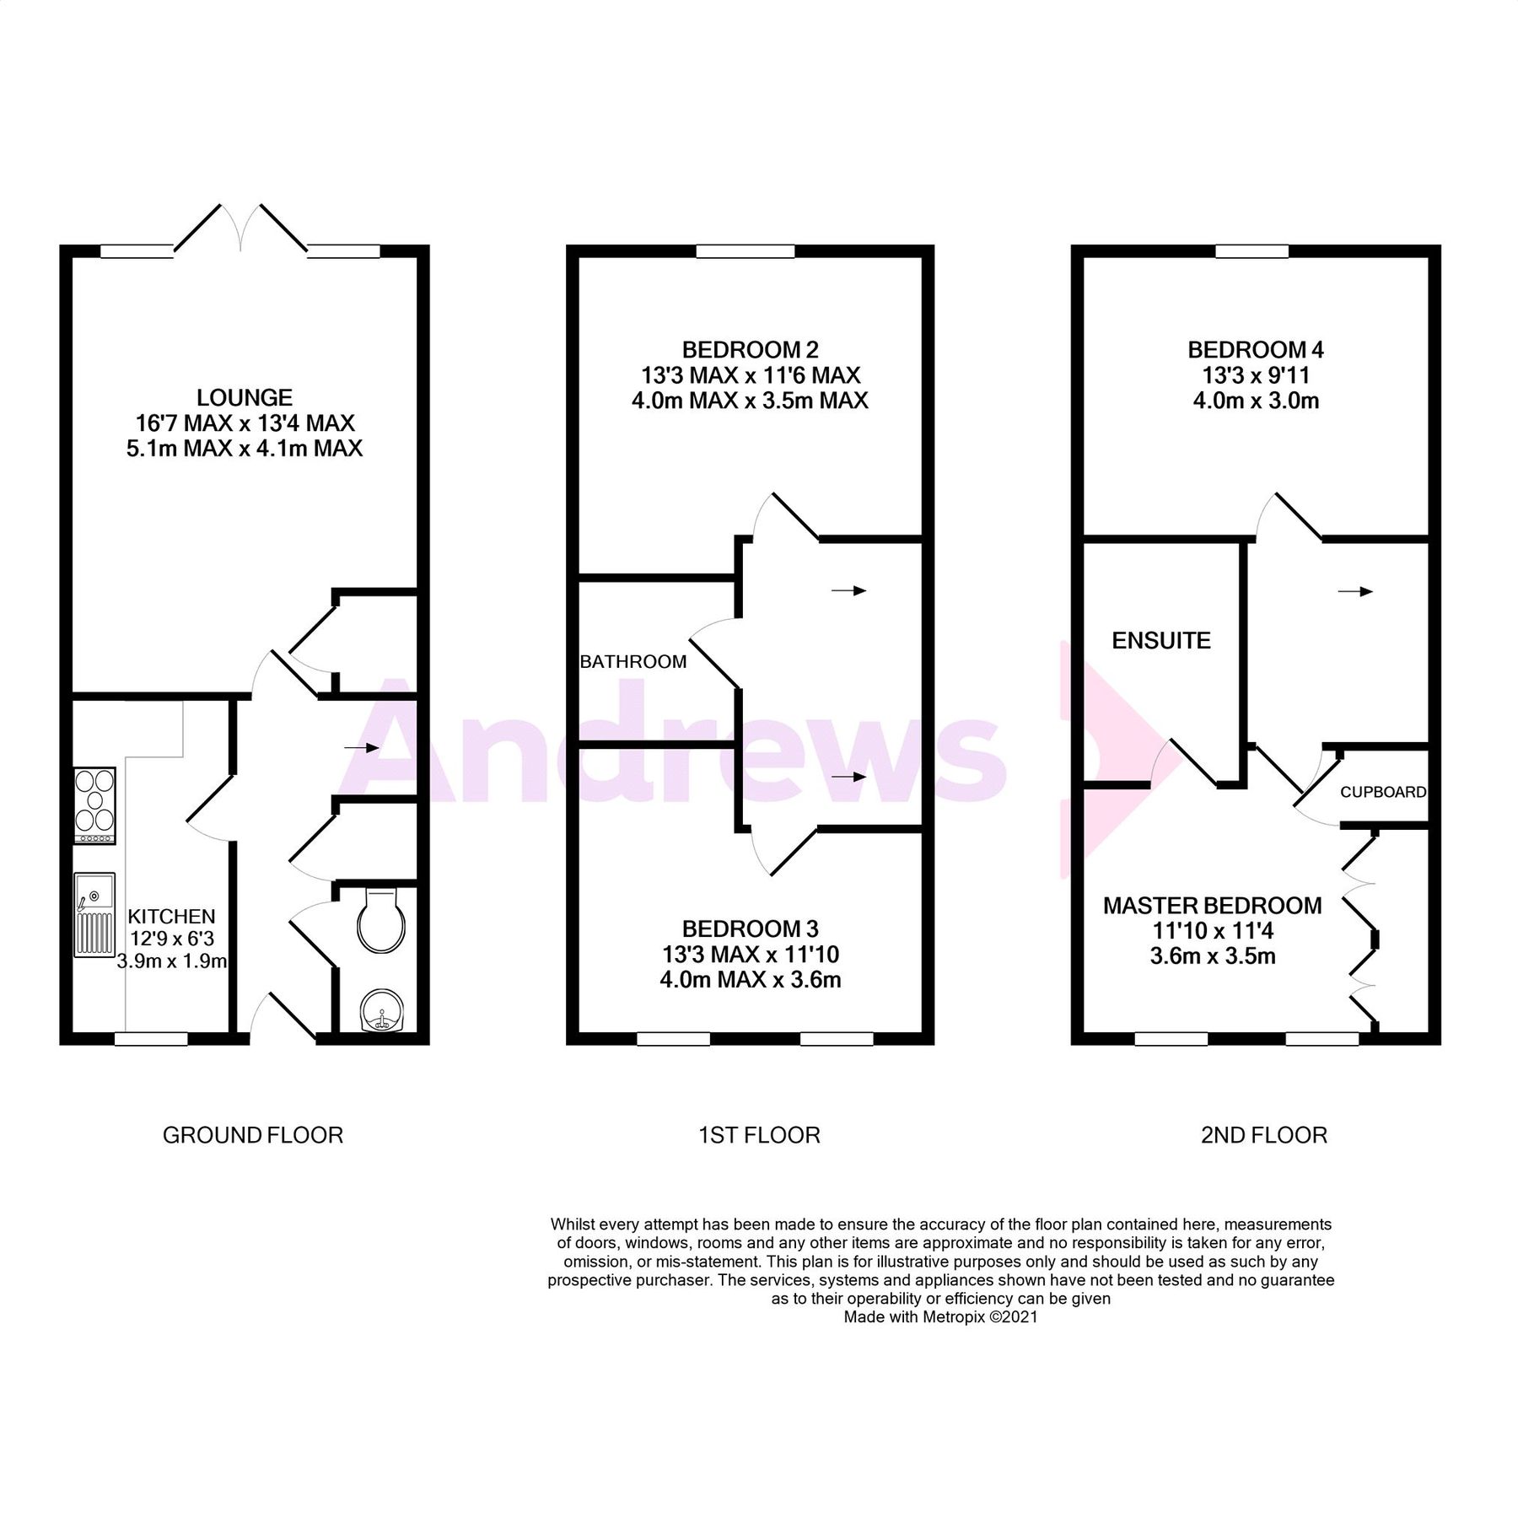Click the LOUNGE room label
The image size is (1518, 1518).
(x=245, y=397)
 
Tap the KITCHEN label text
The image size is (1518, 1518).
(x=171, y=916)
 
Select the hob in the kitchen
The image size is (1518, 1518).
(x=94, y=805)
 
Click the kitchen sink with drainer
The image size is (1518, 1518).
(x=94, y=914)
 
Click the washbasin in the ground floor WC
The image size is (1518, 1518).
(x=381, y=1010)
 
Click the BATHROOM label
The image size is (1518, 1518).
(x=633, y=662)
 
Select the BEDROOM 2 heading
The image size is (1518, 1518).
(x=750, y=349)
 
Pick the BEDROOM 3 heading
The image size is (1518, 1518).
(x=750, y=929)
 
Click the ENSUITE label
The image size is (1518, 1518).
(x=1161, y=641)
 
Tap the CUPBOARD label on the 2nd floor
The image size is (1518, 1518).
(x=1383, y=792)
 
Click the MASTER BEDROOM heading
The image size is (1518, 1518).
(x=1212, y=906)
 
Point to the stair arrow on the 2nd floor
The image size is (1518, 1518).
(x=1354, y=592)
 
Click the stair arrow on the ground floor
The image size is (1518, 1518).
(x=361, y=747)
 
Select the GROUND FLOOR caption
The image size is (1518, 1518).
(x=253, y=1135)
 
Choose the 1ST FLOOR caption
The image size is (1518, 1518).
(x=759, y=1135)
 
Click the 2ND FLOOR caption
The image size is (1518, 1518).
(x=1263, y=1135)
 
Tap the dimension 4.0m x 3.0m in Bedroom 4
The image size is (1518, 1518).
(x=1256, y=401)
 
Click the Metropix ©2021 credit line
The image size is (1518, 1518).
(x=940, y=1316)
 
